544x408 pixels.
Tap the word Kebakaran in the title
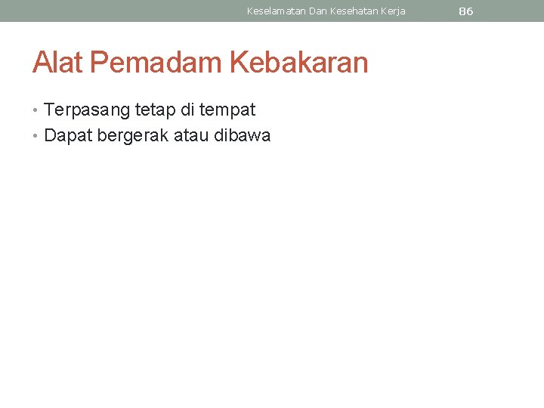click(298, 63)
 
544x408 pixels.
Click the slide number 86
click(465, 11)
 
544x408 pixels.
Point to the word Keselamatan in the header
click(276, 11)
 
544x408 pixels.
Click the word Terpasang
click(87, 110)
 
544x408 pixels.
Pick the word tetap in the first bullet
click(153, 110)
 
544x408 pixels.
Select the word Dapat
click(68, 136)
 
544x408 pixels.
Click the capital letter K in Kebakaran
click(239, 63)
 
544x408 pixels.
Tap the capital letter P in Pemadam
click(99, 63)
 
